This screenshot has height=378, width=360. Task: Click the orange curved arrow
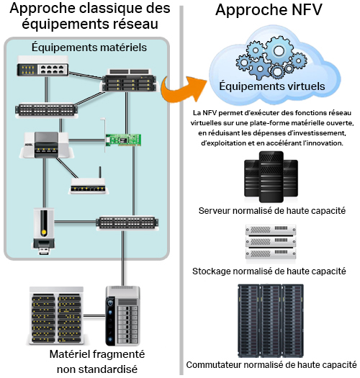point(179,91)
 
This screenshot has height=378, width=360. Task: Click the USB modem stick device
point(43,231)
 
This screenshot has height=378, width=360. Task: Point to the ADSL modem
point(46,145)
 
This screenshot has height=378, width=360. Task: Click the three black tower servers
point(271,177)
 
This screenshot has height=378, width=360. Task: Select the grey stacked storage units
point(271,242)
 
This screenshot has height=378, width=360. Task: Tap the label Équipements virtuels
point(272,86)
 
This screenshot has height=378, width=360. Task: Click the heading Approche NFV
point(269,10)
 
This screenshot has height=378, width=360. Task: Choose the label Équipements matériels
point(89,47)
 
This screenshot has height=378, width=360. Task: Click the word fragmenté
point(119,355)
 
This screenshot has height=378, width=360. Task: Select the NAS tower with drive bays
point(122,316)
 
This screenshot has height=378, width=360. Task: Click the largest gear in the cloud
point(279,51)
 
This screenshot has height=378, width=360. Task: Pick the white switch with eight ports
point(42,66)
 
